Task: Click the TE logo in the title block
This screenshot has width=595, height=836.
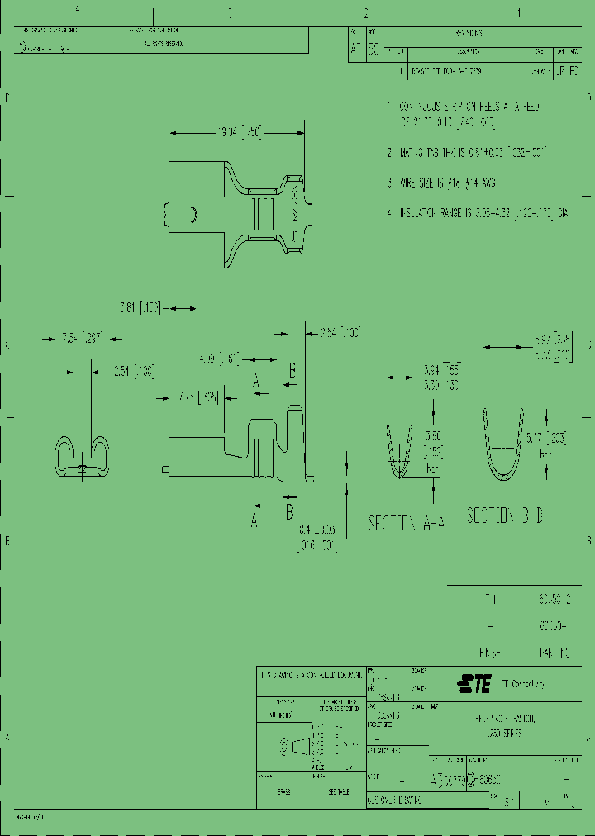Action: [x=474, y=684]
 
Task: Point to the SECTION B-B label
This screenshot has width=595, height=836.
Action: [x=506, y=516]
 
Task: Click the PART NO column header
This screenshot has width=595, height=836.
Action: [x=554, y=653]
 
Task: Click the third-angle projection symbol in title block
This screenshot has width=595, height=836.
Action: [x=297, y=746]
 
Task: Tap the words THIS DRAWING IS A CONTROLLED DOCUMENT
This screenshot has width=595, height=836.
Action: [x=312, y=676]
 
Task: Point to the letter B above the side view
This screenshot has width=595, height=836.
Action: [x=292, y=368]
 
